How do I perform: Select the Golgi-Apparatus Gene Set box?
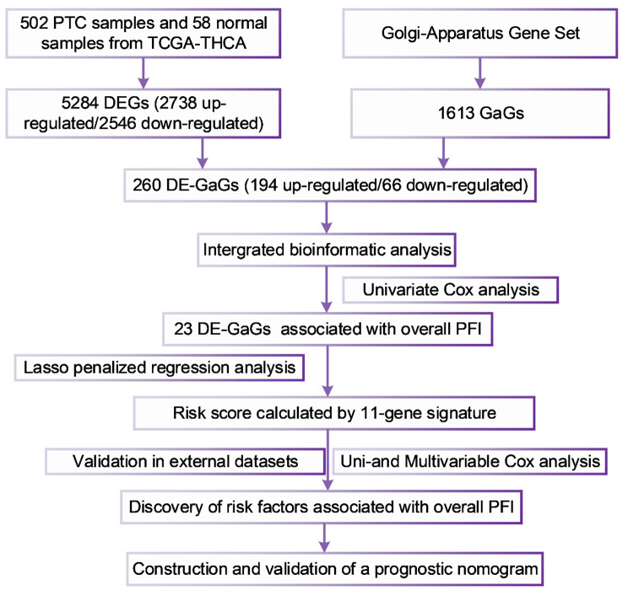point(481,35)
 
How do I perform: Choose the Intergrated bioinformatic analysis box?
point(325,249)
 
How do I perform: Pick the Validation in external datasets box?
point(185,462)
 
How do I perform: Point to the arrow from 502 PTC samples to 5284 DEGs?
point(144,73)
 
